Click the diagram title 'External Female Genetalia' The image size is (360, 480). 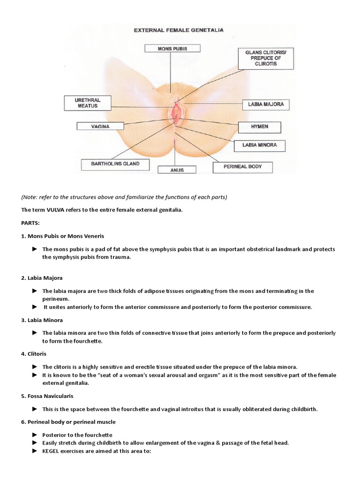click(179, 30)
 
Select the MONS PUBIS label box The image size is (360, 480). click(172, 48)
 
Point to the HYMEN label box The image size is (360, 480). click(259, 127)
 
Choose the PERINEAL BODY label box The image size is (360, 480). click(243, 166)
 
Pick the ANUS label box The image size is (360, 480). click(176, 170)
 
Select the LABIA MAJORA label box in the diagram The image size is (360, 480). click(266, 105)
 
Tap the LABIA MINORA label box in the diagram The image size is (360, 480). click(259, 145)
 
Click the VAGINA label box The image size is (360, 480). click(100, 126)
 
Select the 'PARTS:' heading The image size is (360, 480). click(31, 223)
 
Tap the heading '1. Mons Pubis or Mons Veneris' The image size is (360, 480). click(63, 236)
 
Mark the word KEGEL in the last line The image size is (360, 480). click(51, 450)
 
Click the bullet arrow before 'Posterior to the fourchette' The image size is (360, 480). click(34, 435)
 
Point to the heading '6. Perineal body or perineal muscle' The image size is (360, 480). click(68, 422)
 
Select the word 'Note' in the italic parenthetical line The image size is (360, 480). click(30, 196)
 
